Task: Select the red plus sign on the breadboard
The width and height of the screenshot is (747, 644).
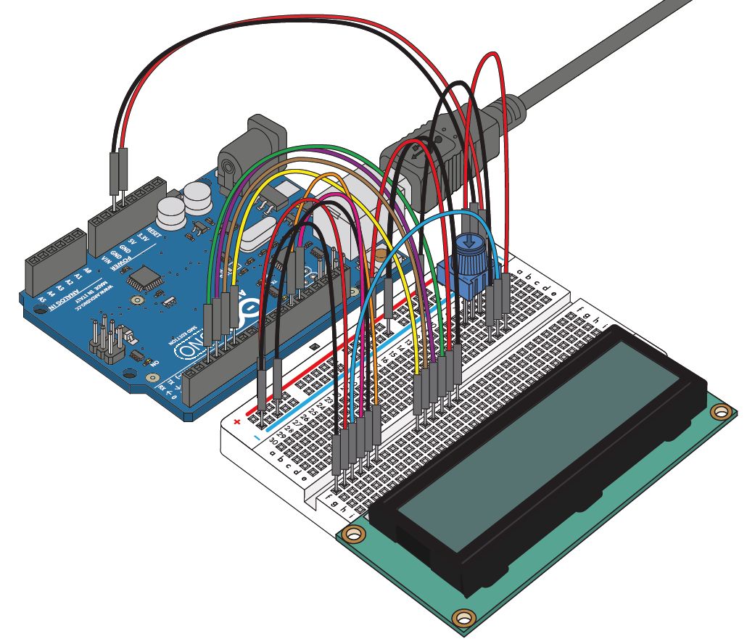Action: [x=236, y=421]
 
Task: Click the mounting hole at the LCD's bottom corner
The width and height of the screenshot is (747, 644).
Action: [x=462, y=618]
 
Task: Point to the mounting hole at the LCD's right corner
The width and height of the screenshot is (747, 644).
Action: [x=720, y=413]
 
